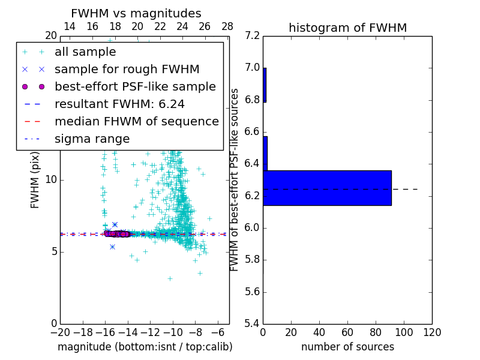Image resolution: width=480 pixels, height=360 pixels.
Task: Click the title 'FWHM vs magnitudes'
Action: [136, 13]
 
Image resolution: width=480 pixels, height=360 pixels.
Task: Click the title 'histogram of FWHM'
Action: [347, 28]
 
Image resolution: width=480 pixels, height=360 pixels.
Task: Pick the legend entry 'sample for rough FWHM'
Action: [127, 69]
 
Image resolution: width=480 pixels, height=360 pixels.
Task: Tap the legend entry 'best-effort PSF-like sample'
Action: [135, 86]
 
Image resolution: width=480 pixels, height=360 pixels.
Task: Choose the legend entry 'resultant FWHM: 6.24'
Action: [119, 104]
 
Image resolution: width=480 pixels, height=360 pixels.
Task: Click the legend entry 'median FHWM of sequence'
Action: [136, 121]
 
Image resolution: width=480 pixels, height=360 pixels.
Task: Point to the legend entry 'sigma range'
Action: [92, 139]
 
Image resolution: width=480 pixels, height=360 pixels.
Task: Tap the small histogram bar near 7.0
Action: [265, 85]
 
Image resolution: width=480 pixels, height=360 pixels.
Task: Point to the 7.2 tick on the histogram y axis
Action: [253, 36]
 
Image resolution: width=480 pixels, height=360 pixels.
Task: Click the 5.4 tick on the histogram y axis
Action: [253, 323]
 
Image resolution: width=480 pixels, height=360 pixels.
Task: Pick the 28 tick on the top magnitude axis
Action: [227, 26]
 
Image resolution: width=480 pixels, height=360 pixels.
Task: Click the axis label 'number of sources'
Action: [347, 347]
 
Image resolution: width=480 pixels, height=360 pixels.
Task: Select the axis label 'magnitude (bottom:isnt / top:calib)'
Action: [145, 347]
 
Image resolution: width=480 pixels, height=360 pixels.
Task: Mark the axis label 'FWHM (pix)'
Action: [35, 179]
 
